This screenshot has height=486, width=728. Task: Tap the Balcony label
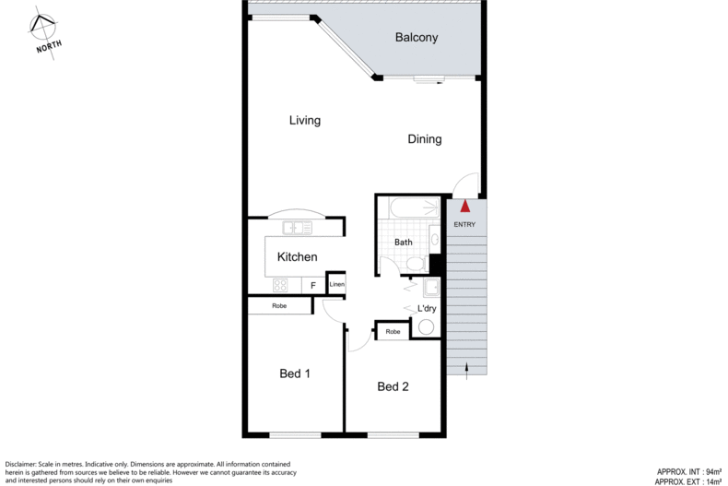[x=416, y=38]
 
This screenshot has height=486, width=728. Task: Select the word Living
[x=304, y=121]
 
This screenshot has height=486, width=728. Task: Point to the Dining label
[x=425, y=140]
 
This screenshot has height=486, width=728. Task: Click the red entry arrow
[x=465, y=207]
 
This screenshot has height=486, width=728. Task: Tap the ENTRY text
[x=464, y=225]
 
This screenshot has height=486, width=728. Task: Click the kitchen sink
[x=297, y=227]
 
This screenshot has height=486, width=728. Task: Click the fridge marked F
[x=312, y=286]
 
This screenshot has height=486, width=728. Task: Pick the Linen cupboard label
[x=337, y=286]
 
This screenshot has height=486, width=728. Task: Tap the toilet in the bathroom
[x=416, y=265]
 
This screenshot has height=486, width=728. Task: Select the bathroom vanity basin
[x=433, y=236]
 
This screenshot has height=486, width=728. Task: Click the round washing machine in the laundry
[x=427, y=327]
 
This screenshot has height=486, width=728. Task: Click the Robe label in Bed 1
[x=279, y=306]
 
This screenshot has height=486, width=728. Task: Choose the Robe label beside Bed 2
[x=393, y=331]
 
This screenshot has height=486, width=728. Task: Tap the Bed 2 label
[x=393, y=386]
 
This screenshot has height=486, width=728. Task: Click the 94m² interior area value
[x=705, y=470]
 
